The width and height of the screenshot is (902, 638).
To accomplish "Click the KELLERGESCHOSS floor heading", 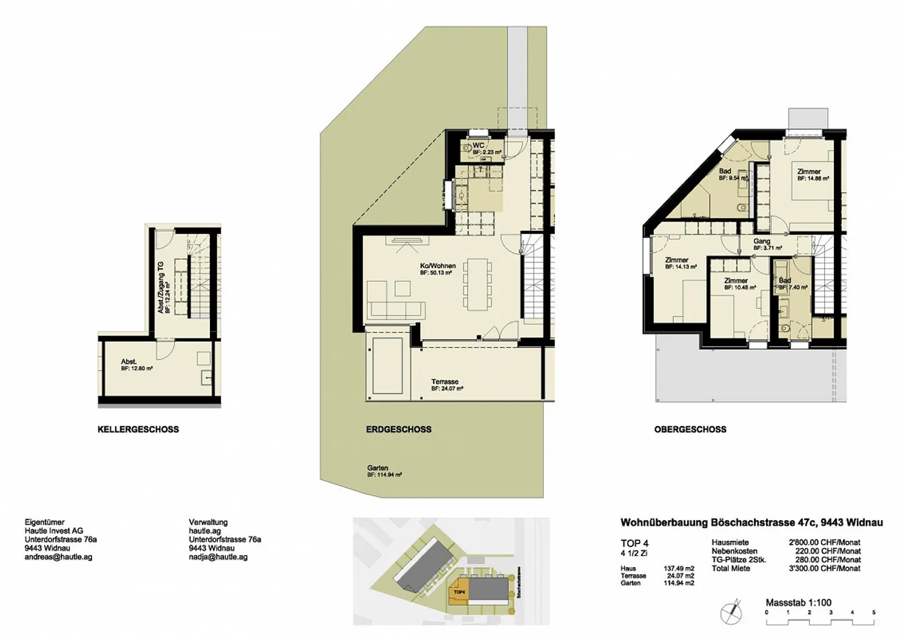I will pos(138,429).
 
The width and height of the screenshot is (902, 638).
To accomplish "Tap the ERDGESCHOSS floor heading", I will pos(398,429).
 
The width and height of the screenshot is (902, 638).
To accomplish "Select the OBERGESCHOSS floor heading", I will pos(690,429).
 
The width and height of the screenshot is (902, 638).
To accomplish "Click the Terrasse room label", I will pos(445,382).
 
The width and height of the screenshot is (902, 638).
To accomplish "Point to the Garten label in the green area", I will pos(378,468).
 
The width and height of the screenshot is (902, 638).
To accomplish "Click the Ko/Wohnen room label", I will pos(437,266).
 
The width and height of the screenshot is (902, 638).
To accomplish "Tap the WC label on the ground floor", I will pos(479,145).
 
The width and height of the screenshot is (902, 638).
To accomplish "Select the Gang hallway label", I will pos(762,241).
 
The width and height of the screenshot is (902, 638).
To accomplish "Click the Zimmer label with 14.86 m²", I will pos(809,172).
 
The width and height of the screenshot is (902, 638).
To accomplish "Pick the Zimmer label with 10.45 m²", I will pos(735,281).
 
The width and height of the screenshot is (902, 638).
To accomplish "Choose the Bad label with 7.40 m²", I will pos(785,281).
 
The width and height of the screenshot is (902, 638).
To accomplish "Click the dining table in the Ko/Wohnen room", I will pos(477,284).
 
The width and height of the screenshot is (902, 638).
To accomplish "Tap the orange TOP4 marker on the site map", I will pos(459,592).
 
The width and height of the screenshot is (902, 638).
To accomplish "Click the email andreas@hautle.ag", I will pos(58,557).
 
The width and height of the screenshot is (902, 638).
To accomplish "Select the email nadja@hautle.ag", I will pos(218,557).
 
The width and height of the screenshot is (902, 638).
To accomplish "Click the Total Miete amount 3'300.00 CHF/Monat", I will pos(824,568).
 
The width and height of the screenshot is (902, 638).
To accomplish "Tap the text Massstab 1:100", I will pos(798,602).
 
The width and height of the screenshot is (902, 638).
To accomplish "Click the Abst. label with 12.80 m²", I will pos(129,362).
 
